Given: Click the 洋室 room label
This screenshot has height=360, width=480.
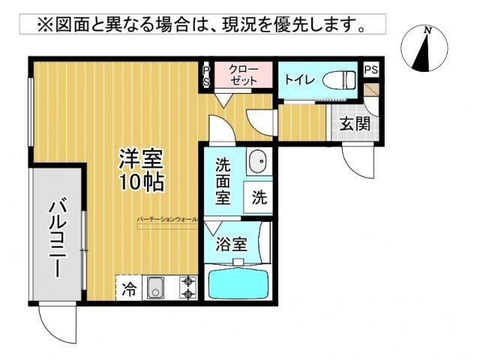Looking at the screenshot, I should pyautogui.click(x=142, y=159).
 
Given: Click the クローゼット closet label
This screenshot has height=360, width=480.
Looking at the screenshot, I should pyautogui.click(x=244, y=76).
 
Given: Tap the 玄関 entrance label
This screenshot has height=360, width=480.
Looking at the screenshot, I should pyautogui.click(x=354, y=124).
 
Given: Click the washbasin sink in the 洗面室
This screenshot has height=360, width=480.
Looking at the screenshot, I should pyautogui.click(x=257, y=160).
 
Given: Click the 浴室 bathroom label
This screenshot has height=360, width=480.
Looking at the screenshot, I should pyautogui.click(x=230, y=244).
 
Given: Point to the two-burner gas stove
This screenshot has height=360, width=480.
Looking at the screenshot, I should pyautogui.click(x=187, y=288).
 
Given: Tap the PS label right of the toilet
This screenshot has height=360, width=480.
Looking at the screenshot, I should pyautogui.click(x=370, y=69).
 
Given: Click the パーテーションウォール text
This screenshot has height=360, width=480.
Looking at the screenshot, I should pyautogui.click(x=167, y=220).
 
